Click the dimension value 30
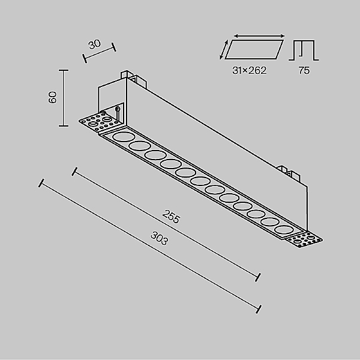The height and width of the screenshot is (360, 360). click(x=94, y=44)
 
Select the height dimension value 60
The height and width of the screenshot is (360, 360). click(x=53, y=97)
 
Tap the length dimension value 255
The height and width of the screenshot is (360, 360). click(x=170, y=217)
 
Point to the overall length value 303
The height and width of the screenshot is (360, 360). click(x=160, y=238)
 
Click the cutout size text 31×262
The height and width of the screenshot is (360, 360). click(x=250, y=70)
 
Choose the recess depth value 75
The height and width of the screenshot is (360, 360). click(x=304, y=70)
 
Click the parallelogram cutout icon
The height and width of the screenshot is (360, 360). click(x=254, y=50)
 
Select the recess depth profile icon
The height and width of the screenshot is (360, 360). click(x=304, y=50)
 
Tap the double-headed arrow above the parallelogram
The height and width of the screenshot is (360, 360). click(x=259, y=36)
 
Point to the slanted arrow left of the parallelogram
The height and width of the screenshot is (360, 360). click(x=224, y=49)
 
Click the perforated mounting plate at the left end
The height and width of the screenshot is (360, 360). click(x=100, y=122)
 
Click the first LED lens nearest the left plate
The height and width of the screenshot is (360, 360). click(x=123, y=137)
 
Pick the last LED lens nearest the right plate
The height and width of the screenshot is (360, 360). click(x=284, y=229)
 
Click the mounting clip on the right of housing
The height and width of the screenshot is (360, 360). click(x=289, y=175)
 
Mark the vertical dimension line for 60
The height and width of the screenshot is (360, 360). click(x=64, y=98)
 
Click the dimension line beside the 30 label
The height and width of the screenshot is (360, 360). click(x=99, y=53)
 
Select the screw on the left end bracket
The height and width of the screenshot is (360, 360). click(x=118, y=113)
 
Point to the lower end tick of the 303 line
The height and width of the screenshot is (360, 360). click(x=259, y=309)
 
